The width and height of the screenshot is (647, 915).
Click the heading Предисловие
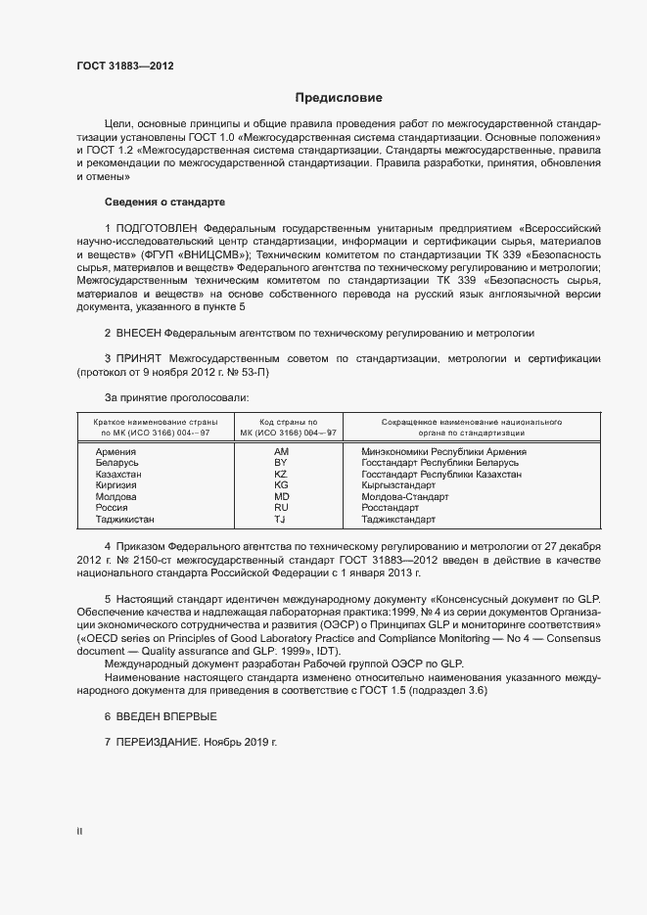coord(339,98)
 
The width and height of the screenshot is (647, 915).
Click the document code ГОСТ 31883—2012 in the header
coord(125,67)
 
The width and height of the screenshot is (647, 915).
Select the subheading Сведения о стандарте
coord(164,202)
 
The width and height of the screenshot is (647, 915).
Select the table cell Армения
coord(116,452)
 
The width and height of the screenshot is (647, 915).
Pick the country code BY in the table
coord(280,463)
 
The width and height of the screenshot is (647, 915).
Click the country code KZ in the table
coord(280,475)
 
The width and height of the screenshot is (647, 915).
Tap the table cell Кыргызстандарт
coord(398,485)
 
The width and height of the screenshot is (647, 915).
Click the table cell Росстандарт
coord(390,508)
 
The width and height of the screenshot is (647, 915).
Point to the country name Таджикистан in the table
coord(125,520)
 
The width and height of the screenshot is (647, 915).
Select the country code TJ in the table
coord(280,520)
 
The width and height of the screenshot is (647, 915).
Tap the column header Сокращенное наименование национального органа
coord(457,427)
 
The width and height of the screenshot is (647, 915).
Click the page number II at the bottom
coord(79,832)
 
